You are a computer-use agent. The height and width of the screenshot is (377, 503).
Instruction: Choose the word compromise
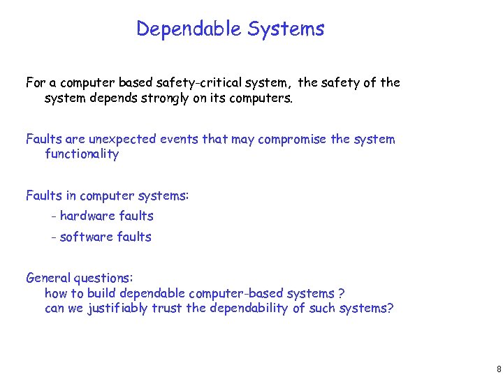(x=293, y=139)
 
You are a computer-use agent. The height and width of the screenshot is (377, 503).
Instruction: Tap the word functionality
(x=82, y=154)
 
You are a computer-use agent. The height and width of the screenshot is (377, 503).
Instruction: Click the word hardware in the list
(x=87, y=216)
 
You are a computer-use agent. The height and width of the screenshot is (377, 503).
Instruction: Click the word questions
(x=106, y=278)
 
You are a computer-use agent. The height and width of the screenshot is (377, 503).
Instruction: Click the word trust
(x=168, y=308)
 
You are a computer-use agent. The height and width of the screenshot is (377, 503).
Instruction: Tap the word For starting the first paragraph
(x=36, y=83)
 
